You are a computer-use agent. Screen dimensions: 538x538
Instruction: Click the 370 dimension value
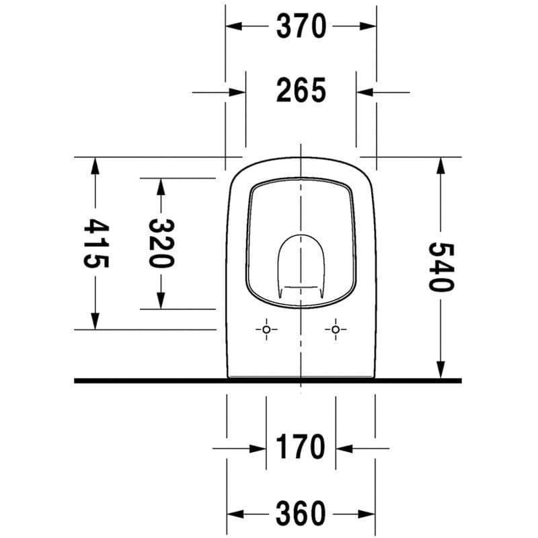coord(301,26)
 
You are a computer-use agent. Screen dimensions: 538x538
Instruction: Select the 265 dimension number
coord(301,91)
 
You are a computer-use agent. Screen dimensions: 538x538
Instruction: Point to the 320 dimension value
coord(161,243)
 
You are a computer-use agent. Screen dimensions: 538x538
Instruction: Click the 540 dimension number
coord(441,266)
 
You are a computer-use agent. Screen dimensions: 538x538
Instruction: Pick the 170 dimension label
coord(301,447)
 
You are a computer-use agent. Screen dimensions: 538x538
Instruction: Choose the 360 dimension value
coord(301,514)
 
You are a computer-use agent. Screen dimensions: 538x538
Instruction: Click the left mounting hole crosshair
coord(266,330)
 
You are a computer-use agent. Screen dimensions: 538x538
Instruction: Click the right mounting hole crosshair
coord(335,330)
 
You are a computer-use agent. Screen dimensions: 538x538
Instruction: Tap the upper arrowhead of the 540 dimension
coord(441,165)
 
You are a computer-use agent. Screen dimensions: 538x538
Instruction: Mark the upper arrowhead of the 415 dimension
coord(95,165)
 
